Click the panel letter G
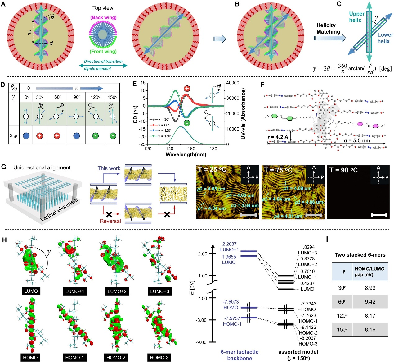pos(4,167)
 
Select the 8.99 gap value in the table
pos(370,288)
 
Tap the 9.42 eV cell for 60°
pos(370,302)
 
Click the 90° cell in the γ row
pos(77,97)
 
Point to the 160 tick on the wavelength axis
pos(191,149)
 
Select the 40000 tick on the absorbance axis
pos(232,83)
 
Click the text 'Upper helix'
pos(356,17)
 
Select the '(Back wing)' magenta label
pos(103,17)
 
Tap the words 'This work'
pos(109,168)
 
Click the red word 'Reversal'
pos(110,221)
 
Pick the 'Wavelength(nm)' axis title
pos(186,154)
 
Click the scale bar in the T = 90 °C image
pos(379,215)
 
